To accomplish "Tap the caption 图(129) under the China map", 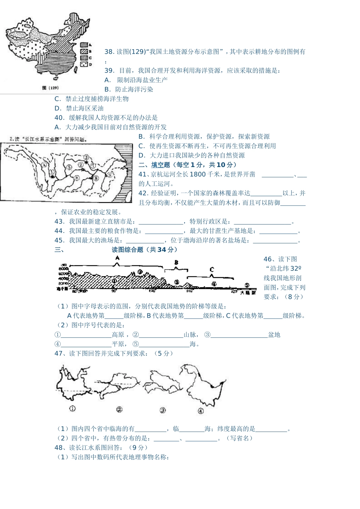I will click(x=50, y=87).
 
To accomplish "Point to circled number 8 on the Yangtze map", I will click(x=96, y=177).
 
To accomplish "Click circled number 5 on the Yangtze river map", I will click(x=69, y=167).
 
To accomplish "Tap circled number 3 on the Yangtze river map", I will click(x=86, y=157).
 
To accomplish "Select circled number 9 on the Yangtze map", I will click(x=109, y=175).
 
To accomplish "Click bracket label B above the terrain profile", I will click(x=176, y=262).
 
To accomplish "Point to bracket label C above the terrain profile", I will click(x=211, y=270).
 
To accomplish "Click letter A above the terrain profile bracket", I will click(x=117, y=258).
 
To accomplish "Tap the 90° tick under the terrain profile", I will click(x=114, y=291).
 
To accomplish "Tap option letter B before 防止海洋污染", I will click(x=107, y=90).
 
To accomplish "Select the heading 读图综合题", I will click(x=127, y=250).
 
